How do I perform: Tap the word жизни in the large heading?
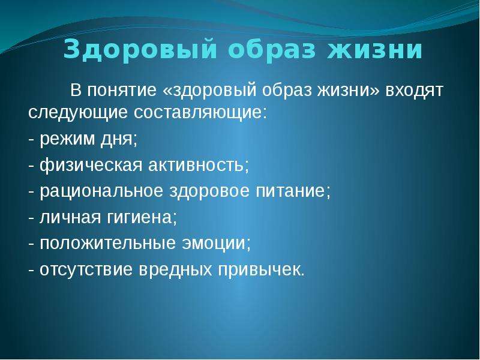[375, 49]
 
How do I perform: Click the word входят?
[414, 91]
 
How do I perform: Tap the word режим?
[67, 140]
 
